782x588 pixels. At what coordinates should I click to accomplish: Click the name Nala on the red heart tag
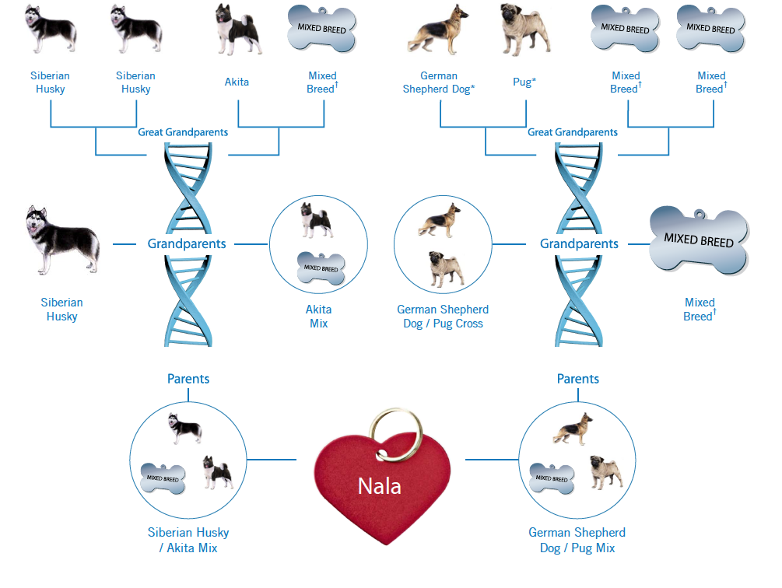pyautogui.click(x=380, y=486)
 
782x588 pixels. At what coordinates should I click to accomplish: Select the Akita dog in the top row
pyautogui.click(x=238, y=30)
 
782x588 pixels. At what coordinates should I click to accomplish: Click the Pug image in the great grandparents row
pyautogui.click(x=524, y=30)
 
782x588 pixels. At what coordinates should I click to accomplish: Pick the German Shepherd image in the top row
pyautogui.click(x=439, y=30)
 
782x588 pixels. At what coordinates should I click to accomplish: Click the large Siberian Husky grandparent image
pyautogui.click(x=61, y=240)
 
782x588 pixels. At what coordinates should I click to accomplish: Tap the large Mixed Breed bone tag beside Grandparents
pyautogui.click(x=699, y=240)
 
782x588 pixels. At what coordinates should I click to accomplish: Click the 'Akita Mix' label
pyautogui.click(x=319, y=317)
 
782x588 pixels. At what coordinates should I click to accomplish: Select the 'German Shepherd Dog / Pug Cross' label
pyautogui.click(x=443, y=317)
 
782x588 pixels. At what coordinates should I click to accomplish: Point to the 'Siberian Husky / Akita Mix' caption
pyautogui.click(x=188, y=540)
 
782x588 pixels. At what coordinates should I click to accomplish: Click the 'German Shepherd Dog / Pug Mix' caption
pyautogui.click(x=577, y=540)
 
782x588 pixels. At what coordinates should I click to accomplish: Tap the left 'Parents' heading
pyautogui.click(x=188, y=379)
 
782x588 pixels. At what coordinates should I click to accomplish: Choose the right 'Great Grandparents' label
pyautogui.click(x=573, y=132)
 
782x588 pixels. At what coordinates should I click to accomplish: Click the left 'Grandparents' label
pyautogui.click(x=187, y=243)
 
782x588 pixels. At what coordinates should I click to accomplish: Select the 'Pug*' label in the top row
pyautogui.click(x=524, y=82)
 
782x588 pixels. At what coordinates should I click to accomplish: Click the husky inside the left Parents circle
pyautogui.click(x=185, y=428)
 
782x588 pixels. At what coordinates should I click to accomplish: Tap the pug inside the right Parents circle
pyautogui.click(x=606, y=471)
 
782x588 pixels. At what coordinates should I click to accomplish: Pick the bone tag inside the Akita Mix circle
pyautogui.click(x=321, y=268)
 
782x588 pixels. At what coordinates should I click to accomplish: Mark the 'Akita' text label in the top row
pyautogui.click(x=237, y=82)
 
